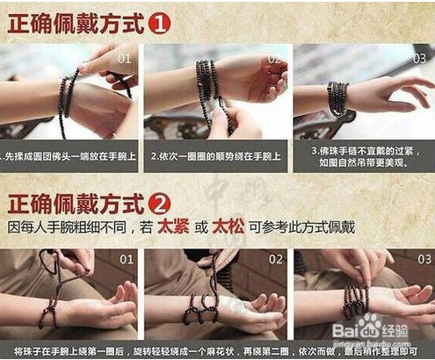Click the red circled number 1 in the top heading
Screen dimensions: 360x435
click(x=158, y=22)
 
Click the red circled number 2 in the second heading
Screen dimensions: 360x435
click(x=158, y=205)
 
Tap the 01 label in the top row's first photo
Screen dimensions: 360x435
click(x=125, y=59)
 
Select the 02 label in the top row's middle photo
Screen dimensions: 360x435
click(x=272, y=59)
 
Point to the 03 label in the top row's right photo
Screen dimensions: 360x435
click(x=420, y=59)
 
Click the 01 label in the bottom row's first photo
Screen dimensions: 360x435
click(x=125, y=261)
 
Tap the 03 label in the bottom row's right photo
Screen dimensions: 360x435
click(x=419, y=261)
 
